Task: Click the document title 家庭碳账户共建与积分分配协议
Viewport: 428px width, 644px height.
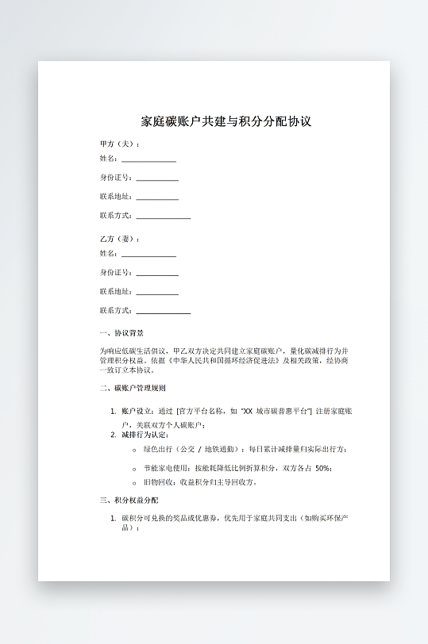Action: click(x=226, y=122)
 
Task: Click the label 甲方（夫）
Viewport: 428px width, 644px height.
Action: click(x=119, y=144)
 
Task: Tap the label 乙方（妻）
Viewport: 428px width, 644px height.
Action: click(x=119, y=239)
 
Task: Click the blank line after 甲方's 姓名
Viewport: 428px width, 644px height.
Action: click(x=148, y=159)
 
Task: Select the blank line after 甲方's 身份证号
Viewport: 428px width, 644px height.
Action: click(x=157, y=178)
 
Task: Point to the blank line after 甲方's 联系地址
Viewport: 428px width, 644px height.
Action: click(x=157, y=197)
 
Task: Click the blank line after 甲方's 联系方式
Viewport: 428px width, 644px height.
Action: click(x=163, y=216)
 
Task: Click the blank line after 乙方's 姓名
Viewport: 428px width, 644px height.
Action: click(x=148, y=255)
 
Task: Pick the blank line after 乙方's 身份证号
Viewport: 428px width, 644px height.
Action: click(x=157, y=274)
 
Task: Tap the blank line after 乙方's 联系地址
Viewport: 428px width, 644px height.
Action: click(x=157, y=293)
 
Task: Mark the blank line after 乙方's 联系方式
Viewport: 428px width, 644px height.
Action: click(x=163, y=311)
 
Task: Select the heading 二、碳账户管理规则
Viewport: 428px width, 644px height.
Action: click(x=133, y=389)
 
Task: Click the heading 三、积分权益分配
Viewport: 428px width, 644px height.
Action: click(x=129, y=500)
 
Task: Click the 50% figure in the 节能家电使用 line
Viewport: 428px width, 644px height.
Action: click(x=323, y=468)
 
